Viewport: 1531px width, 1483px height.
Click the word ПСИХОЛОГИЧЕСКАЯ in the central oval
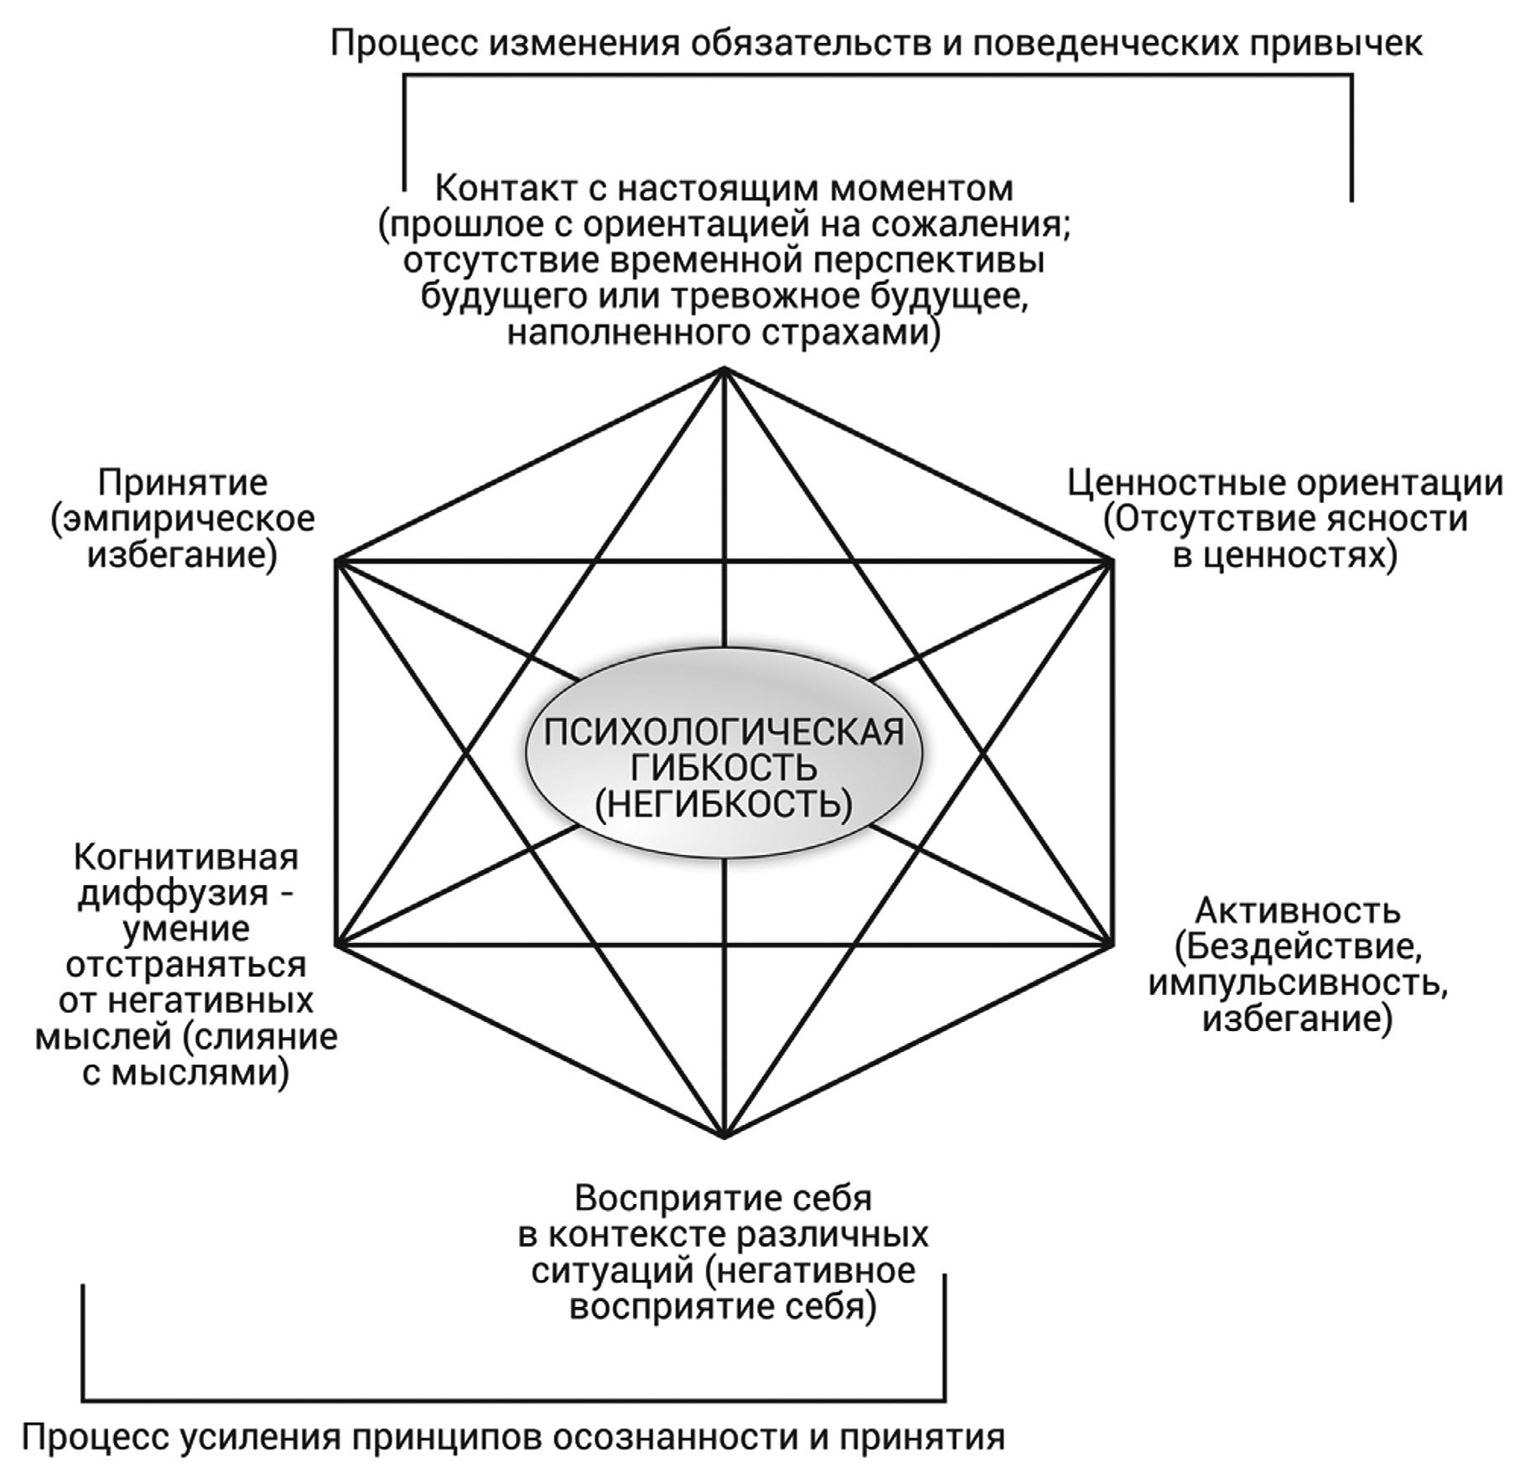(724, 732)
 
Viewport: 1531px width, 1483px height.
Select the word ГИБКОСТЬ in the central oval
(724, 768)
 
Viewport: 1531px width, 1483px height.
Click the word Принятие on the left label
(183, 484)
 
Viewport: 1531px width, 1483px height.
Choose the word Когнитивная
(186, 858)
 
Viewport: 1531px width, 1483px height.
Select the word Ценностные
(1174, 484)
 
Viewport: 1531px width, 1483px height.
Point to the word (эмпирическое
(183, 520)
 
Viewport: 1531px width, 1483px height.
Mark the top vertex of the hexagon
(724, 369)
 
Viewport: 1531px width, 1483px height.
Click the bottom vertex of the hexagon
(724, 1137)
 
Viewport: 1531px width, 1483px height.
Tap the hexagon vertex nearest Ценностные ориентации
(1113, 561)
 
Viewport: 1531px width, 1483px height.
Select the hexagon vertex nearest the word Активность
(1113, 945)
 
